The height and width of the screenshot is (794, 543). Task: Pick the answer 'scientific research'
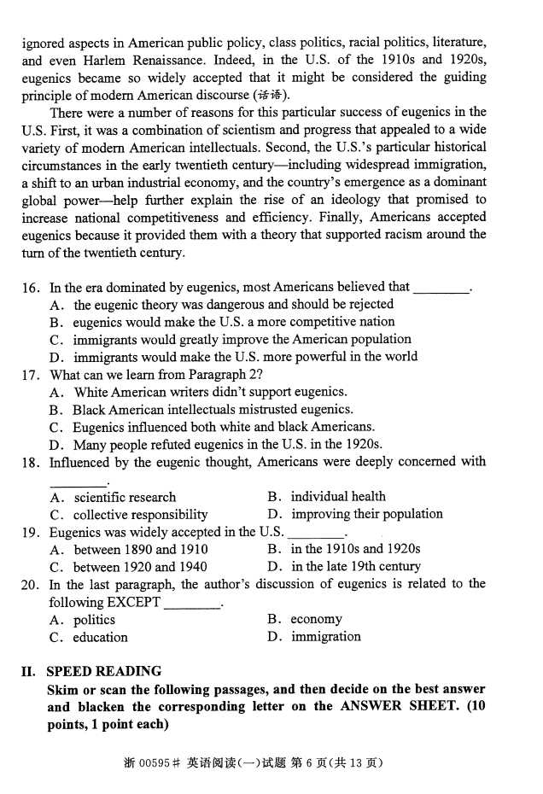[125, 497]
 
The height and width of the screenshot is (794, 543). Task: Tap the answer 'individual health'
[338, 496]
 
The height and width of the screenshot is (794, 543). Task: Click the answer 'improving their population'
[367, 514]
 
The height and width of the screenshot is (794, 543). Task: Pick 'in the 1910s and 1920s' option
[356, 549]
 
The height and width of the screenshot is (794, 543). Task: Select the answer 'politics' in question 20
[94, 620]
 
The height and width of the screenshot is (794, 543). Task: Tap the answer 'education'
[101, 637]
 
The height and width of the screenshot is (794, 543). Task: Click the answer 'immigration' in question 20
[326, 637]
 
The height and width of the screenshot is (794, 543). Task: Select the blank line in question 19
[318, 534]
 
